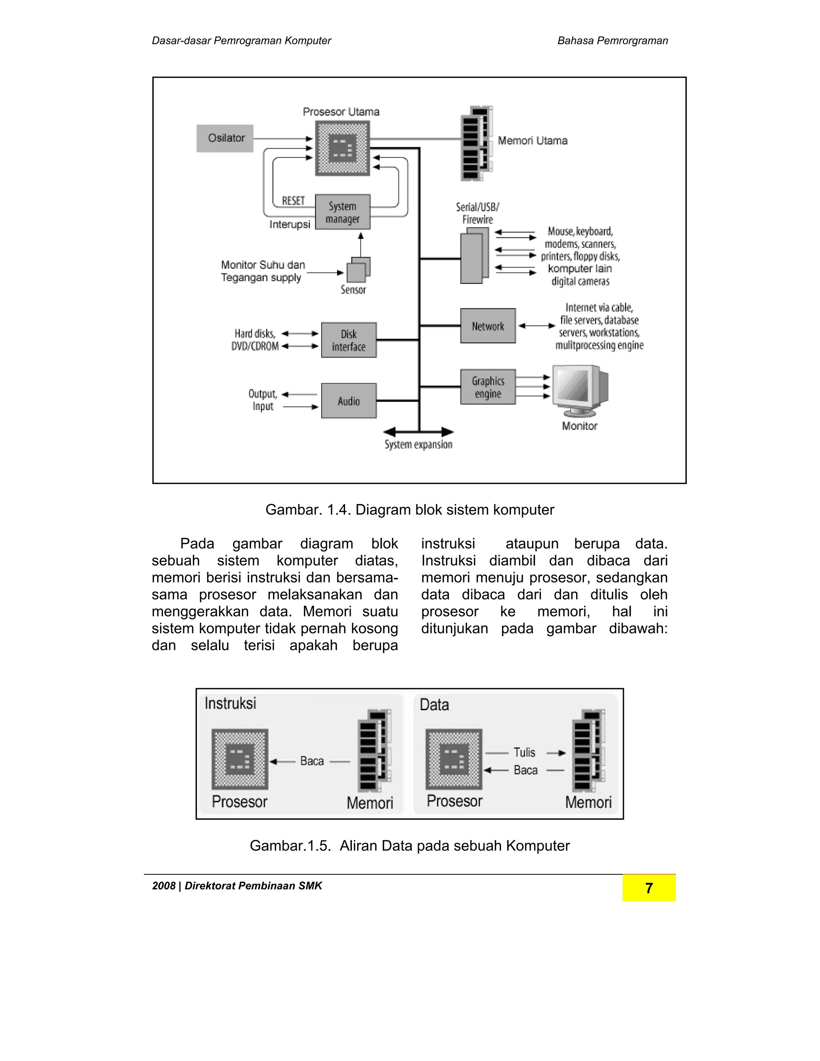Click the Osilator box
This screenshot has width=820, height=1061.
click(225, 139)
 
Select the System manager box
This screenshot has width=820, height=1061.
click(342, 212)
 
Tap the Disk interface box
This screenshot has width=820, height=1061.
click(349, 340)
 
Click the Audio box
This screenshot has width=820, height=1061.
click(349, 401)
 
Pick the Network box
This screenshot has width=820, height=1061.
click(488, 326)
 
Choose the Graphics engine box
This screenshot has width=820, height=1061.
click(488, 387)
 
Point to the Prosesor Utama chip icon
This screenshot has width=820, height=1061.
click(342, 148)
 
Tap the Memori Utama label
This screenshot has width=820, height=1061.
click(533, 141)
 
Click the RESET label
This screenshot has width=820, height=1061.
click(293, 201)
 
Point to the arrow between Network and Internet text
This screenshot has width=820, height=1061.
click(536, 326)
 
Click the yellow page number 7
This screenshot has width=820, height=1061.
click(649, 888)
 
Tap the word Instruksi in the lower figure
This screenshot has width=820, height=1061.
click(230, 703)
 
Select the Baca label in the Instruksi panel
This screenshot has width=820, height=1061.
click(312, 761)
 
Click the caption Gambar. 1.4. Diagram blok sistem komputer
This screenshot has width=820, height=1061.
click(410, 510)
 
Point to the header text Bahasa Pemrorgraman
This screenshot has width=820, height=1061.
click(612, 41)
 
